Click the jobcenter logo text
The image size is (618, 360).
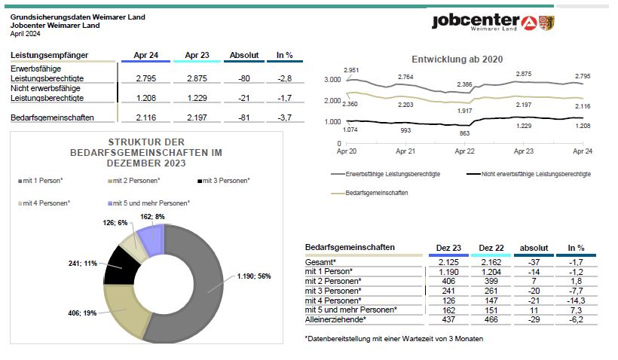476,21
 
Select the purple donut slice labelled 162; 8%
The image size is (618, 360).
151,239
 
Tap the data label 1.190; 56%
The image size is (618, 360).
254,276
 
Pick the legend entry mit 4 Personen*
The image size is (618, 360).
44,203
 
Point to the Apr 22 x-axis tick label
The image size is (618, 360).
465,151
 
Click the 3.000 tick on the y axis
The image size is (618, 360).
332,80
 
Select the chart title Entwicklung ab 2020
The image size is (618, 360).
457,59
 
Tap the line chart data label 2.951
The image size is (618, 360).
351,70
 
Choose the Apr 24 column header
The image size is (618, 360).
145,55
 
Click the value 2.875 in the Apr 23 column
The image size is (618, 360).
197,78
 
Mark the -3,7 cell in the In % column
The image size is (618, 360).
285,117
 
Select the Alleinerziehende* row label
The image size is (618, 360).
335,319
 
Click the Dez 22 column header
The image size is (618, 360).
491,248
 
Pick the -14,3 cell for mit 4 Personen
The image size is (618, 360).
576,301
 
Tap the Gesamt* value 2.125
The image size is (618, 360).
448,262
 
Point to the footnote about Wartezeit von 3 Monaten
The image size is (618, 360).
393,339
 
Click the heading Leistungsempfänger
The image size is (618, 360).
49,55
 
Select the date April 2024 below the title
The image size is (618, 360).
25,34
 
